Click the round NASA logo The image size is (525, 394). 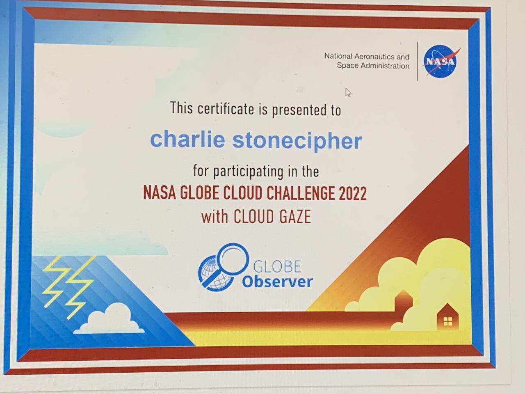point(441,61)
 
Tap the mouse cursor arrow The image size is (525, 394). point(348,93)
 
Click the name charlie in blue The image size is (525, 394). point(187,140)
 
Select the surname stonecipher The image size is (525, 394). point(297,141)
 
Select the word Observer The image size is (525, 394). point(277,282)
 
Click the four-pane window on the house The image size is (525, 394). point(448,321)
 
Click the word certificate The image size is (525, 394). point(226,109)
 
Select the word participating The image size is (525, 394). point(248,172)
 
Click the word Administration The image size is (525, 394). point(385,66)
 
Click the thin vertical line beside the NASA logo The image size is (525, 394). point(418,61)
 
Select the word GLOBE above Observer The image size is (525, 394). point(277,266)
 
